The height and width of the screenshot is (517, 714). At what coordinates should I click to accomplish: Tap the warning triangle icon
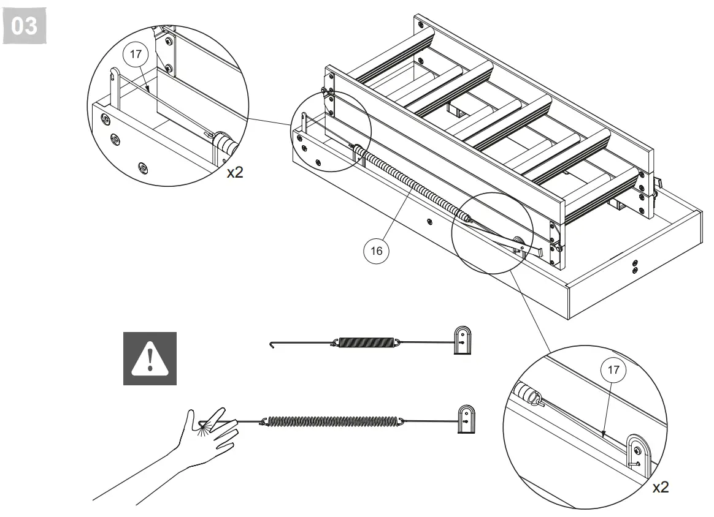tap(150, 358)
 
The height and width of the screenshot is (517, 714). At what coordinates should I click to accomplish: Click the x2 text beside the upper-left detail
tap(235, 173)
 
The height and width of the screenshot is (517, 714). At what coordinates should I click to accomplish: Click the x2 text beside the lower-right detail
tap(660, 488)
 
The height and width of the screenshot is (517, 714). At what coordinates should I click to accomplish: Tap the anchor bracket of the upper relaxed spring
tap(463, 341)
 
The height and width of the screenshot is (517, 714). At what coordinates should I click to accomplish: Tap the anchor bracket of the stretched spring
tap(467, 419)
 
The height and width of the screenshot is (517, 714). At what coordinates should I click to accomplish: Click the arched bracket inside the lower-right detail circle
tap(635, 454)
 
